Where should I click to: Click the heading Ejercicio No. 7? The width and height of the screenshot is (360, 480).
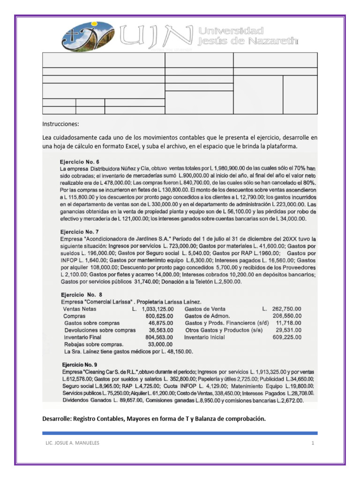pyautogui.click(x=79, y=232)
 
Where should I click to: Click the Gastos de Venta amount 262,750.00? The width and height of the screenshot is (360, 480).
pyautogui.click(x=286, y=309)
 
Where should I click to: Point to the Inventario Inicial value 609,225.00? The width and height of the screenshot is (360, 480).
pyautogui.click(x=286, y=337)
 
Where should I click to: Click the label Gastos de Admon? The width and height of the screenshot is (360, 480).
pyautogui.click(x=206, y=316)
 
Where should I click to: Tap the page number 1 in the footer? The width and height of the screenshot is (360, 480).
pyautogui.click(x=311, y=443)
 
